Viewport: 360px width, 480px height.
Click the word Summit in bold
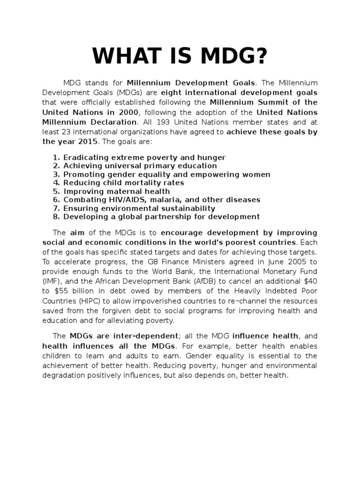[273, 102]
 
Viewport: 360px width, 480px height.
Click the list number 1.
[55, 157]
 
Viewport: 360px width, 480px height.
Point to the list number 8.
[55, 217]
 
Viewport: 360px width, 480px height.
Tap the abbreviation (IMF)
[51, 281]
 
